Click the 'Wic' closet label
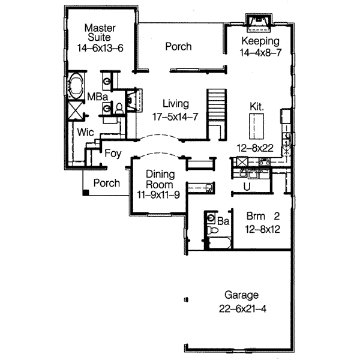(x=85, y=133)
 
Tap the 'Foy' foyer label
(x=113, y=154)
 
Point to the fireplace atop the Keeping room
(x=260, y=22)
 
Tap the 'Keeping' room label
(x=260, y=41)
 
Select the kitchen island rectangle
(x=257, y=127)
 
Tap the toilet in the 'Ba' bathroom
(x=211, y=230)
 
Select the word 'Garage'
(x=242, y=295)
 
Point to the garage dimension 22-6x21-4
(x=242, y=308)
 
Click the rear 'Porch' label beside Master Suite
(x=179, y=46)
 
